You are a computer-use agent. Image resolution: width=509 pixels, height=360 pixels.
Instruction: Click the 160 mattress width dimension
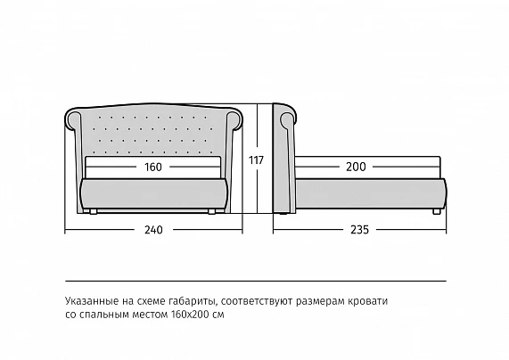click(x=153, y=167)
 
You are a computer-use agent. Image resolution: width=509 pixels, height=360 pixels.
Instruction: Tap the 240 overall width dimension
click(x=153, y=230)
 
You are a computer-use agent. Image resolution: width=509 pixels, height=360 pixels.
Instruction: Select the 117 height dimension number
click(x=256, y=160)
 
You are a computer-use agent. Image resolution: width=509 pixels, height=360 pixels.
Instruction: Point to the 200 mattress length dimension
click(x=356, y=167)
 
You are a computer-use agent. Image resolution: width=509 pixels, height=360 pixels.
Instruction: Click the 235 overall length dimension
click(x=359, y=230)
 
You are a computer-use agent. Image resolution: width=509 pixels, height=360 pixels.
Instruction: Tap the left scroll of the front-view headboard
click(x=74, y=119)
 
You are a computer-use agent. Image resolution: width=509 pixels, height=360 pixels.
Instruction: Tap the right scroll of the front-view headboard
click(x=234, y=119)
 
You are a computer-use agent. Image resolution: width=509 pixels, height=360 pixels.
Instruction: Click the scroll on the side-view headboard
click(x=288, y=119)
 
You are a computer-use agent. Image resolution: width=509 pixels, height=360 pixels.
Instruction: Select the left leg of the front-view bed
click(x=94, y=212)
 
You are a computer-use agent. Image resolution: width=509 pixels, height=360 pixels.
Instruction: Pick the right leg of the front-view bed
click(x=211, y=212)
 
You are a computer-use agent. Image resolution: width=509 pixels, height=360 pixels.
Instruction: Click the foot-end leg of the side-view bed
click(x=437, y=212)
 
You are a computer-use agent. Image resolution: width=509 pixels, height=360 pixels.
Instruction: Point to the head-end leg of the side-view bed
click(x=283, y=214)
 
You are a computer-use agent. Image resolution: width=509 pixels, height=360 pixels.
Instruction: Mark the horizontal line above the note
click(x=256, y=281)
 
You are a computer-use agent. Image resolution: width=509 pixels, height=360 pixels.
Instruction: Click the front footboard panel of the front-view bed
click(x=153, y=193)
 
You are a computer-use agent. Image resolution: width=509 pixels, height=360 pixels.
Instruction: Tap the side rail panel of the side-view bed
click(x=371, y=193)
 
